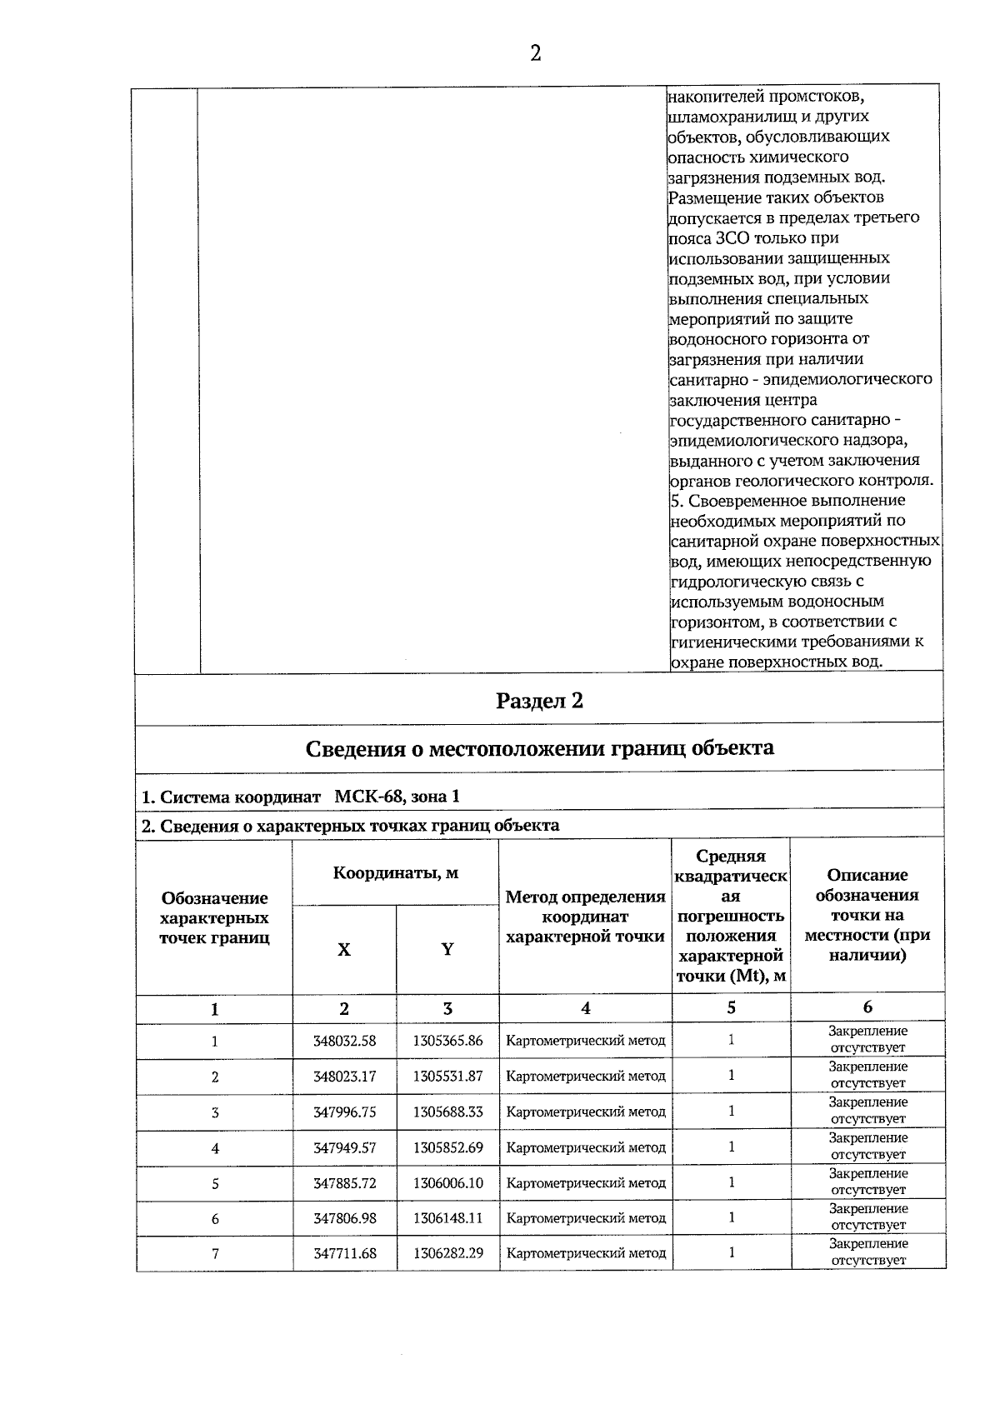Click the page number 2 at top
[535, 54]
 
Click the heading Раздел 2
[539, 701]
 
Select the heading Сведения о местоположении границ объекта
[539, 748]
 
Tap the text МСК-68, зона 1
[397, 797]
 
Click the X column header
[344, 950]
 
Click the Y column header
[447, 950]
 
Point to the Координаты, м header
[396, 873]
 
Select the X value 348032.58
[344, 1041]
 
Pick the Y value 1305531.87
[447, 1077]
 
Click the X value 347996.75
[344, 1112]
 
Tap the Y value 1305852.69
[447, 1148]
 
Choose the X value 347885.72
[344, 1183]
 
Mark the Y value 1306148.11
[447, 1218]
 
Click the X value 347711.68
[344, 1253]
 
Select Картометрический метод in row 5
[586, 1183]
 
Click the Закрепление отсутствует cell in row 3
[867, 1111]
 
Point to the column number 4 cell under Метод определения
[586, 1008]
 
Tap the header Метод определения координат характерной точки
[586, 917]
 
